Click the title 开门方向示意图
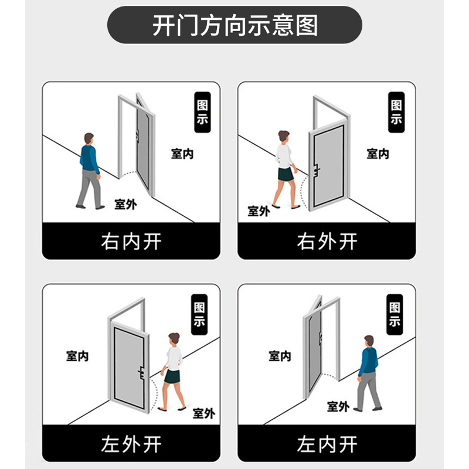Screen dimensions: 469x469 click(235, 25)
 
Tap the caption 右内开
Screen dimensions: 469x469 click(131, 242)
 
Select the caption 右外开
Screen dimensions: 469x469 click(327, 242)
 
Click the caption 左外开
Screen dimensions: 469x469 click(131, 444)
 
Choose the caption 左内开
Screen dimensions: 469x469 click(327, 444)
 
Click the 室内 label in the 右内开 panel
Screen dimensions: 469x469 click(182, 154)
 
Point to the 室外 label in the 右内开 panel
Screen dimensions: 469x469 click(125, 204)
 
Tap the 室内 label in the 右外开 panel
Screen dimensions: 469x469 click(378, 154)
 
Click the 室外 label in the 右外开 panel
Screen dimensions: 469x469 click(259, 211)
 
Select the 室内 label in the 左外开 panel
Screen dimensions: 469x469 click(77, 356)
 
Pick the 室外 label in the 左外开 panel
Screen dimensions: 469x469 click(204, 413)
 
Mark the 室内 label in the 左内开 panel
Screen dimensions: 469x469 click(280, 356)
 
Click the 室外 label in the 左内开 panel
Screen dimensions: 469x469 click(338, 406)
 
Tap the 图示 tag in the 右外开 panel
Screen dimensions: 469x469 click(396, 112)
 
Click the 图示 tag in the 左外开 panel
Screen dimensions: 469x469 click(199, 314)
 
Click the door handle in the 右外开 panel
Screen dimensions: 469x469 click(316, 171)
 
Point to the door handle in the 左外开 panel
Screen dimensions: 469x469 click(141, 373)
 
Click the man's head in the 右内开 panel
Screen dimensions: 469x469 click(89, 139)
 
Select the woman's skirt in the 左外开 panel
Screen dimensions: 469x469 click(172, 376)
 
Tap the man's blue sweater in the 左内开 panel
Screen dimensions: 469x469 click(368, 361)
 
